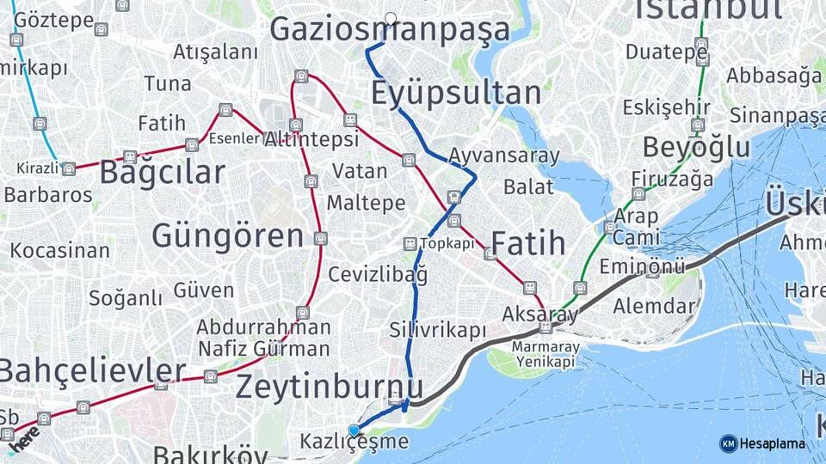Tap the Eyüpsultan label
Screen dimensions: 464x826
pyautogui.click(x=456, y=93)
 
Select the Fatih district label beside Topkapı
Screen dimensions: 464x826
pyautogui.click(x=527, y=243)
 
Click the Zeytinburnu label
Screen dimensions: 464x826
pyautogui.click(x=330, y=387)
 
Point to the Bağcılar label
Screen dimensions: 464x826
pyautogui.click(x=162, y=172)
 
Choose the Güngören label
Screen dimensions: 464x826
pyautogui.click(x=228, y=235)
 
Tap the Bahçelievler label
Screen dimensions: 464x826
pyautogui.click(x=92, y=370)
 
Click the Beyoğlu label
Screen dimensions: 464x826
pyautogui.click(x=696, y=147)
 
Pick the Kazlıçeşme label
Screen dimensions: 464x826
pyautogui.click(x=354, y=443)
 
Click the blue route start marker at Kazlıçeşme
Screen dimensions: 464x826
pyautogui.click(x=354, y=430)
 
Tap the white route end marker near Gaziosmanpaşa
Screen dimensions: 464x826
pyautogui.click(x=391, y=18)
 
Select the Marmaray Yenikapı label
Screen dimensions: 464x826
pyautogui.click(x=543, y=354)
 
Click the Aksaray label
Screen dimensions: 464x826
pyautogui.click(x=540, y=314)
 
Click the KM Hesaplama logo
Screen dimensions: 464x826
pyautogui.click(x=762, y=443)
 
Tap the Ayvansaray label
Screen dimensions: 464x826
pyautogui.click(x=504, y=156)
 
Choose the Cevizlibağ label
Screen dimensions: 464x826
pyautogui.click(x=378, y=275)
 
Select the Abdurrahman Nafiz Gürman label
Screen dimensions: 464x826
pyautogui.click(x=263, y=338)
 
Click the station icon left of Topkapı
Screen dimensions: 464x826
pyautogui.click(x=410, y=244)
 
